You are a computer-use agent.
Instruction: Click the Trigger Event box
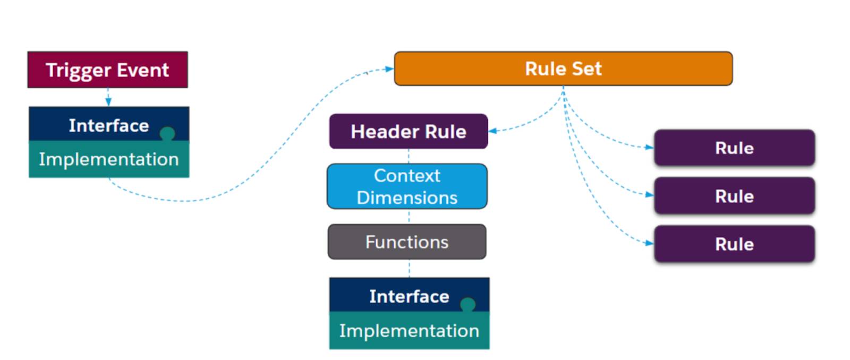(x=107, y=70)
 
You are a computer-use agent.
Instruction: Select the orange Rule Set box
(x=564, y=68)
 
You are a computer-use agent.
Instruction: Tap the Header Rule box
(x=409, y=131)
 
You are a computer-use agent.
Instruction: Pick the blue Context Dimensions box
(x=407, y=186)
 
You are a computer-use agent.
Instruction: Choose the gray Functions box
(x=407, y=242)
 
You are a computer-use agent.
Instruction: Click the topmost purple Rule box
(x=735, y=148)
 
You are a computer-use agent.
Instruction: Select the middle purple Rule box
(x=735, y=196)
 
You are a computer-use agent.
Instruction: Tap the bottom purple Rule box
(x=735, y=244)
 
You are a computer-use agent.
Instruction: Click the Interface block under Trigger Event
(x=109, y=124)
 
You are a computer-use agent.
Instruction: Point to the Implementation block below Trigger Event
(x=109, y=159)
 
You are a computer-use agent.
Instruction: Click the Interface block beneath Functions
(x=410, y=295)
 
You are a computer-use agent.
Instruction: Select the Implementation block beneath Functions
(x=410, y=331)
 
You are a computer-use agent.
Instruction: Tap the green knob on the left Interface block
(x=167, y=133)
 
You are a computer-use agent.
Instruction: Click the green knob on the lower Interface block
(x=467, y=305)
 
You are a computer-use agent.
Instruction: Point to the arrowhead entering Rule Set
(x=389, y=69)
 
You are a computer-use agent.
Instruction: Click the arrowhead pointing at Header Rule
(x=493, y=131)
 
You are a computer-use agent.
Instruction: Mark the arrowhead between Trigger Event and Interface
(x=108, y=101)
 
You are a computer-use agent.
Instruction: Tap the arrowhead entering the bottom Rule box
(x=649, y=243)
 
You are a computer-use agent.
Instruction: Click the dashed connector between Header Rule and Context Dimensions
(x=409, y=156)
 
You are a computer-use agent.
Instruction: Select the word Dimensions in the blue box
(x=407, y=198)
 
